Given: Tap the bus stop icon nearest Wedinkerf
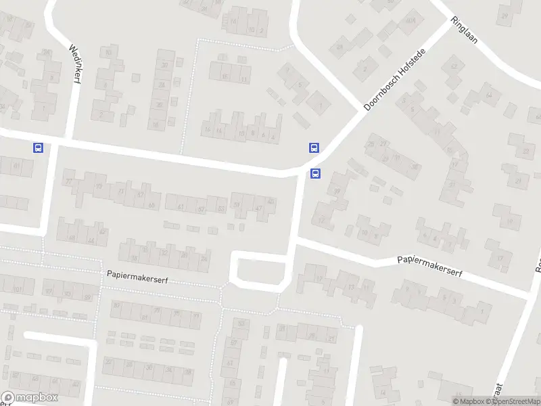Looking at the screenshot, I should [x=38, y=148].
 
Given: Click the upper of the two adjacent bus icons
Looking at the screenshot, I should [x=313, y=148].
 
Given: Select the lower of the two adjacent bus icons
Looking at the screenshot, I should [x=315, y=174].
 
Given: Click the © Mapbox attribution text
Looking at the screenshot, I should [x=469, y=401].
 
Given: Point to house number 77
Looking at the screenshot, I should [x=69, y=181].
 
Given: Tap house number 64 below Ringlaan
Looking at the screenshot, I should [x=488, y=95].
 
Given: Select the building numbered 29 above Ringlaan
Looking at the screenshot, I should [x=504, y=15].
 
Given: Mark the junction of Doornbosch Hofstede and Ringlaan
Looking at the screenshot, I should [x=450, y=20].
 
